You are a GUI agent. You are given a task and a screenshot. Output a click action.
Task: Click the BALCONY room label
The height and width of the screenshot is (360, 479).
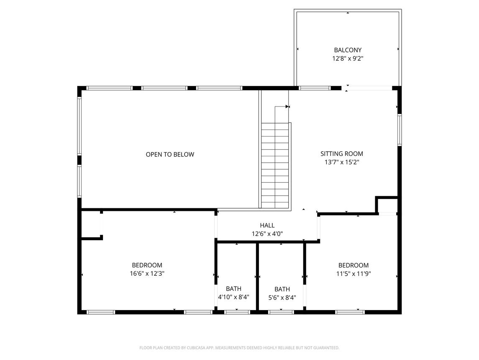click(x=347, y=50)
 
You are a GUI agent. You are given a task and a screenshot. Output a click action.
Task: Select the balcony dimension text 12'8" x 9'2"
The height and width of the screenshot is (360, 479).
click(x=347, y=59)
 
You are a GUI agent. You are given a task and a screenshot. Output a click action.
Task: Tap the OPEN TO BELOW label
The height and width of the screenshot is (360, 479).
click(x=170, y=154)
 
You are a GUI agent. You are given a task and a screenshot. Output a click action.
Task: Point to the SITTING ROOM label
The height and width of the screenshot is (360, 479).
click(x=341, y=153)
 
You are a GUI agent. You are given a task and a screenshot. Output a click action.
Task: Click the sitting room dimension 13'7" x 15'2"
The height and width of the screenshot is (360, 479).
click(x=341, y=162)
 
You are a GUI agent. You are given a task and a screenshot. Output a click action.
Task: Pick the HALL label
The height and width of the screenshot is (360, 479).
click(x=267, y=225)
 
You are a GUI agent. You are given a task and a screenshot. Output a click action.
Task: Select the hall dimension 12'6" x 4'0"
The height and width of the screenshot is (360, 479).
click(x=267, y=234)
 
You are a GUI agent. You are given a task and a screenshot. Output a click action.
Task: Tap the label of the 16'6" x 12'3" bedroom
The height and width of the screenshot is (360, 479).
click(x=147, y=265)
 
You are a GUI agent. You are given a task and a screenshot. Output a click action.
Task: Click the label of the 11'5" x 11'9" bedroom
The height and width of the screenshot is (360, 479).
click(x=353, y=265)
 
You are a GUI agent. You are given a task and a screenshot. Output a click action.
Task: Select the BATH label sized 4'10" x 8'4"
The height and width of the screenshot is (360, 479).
click(x=233, y=288)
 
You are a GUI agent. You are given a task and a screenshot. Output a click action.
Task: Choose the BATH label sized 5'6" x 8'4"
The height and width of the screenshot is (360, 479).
click(x=282, y=289)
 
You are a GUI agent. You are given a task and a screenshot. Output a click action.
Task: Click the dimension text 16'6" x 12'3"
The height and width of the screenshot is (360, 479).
click(x=147, y=274)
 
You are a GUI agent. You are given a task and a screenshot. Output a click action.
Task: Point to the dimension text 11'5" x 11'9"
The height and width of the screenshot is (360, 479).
click(x=353, y=274)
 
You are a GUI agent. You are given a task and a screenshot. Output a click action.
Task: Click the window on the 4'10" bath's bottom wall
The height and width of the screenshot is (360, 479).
click(x=237, y=312)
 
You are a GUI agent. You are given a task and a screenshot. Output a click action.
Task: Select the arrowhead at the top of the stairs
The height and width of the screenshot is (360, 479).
click(x=287, y=106)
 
